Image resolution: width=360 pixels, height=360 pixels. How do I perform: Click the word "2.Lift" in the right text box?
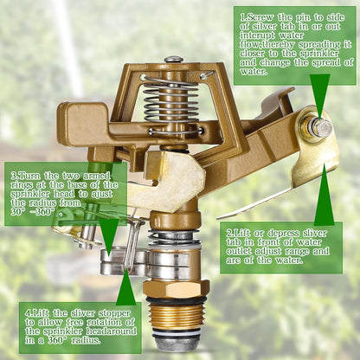243,233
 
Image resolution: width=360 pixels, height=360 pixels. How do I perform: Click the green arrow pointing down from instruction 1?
319,95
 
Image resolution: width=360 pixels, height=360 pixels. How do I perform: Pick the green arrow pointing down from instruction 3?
109,233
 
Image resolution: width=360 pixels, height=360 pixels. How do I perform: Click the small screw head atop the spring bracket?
174,59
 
